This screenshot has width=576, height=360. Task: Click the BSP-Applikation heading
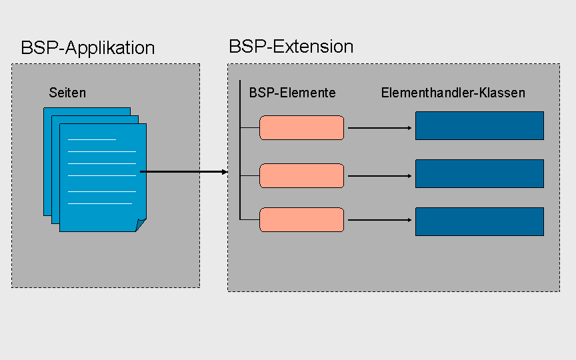coord(88,48)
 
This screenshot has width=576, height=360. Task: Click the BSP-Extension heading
coord(291,47)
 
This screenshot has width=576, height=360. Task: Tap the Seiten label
coord(67,93)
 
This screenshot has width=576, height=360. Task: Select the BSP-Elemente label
coord(293,93)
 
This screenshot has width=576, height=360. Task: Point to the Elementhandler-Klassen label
coord(453,93)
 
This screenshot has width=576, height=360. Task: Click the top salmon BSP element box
coord(301,128)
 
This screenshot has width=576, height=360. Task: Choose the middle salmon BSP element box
coord(301,175)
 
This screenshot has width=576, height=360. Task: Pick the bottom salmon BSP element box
coord(301,220)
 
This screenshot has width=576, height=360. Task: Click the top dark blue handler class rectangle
coord(479,125)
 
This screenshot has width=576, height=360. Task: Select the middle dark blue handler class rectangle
coord(479,174)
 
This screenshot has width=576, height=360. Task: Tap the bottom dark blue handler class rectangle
coord(479,221)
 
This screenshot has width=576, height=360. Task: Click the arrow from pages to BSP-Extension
coord(184,171)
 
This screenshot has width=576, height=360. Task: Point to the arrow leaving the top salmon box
coord(380,128)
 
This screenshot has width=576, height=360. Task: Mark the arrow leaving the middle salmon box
coord(380,176)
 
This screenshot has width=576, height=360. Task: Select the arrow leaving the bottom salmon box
coord(380,220)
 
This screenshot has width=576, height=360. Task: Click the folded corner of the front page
coord(140,224)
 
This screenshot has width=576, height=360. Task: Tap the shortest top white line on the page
coord(92,139)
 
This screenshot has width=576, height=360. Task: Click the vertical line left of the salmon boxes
coord(240,150)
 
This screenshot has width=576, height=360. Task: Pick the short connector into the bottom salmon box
coord(250,220)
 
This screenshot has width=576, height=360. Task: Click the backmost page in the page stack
coord(48,161)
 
